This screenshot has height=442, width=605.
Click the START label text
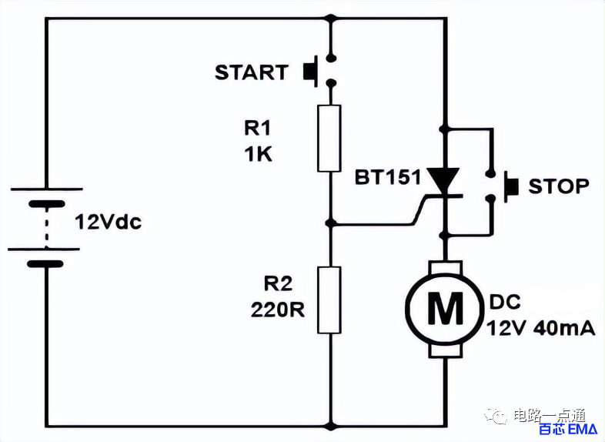[x=251, y=72]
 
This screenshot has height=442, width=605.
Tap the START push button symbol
[x=319, y=71]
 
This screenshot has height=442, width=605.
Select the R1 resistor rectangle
[x=329, y=138]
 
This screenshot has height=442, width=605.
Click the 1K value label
[x=258, y=155]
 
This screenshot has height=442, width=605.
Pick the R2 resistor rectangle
[x=329, y=300]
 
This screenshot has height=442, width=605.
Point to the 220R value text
[x=277, y=310]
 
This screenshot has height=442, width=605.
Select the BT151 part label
[x=387, y=178]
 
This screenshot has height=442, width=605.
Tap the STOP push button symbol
[x=502, y=186]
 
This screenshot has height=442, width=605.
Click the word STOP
[x=559, y=186]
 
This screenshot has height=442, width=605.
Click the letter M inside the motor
[x=445, y=308]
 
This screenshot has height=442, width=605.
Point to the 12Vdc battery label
[x=108, y=222]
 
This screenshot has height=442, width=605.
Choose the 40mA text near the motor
[x=564, y=329]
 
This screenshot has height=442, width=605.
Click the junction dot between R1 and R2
[x=329, y=223]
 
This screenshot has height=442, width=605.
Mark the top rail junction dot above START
[x=330, y=18]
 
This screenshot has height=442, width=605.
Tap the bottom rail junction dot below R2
[x=330, y=426]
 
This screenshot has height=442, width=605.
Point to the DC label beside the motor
[x=505, y=302]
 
